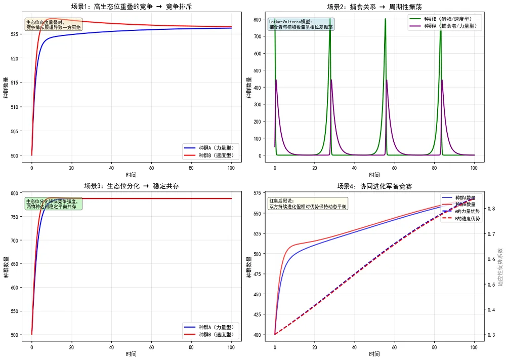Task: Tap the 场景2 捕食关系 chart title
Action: [374, 7]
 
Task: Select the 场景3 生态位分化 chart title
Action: [131, 186]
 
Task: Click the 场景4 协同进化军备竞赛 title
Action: [374, 186]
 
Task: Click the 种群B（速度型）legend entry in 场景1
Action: [216, 155]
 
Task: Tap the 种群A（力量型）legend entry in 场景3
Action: [216, 327]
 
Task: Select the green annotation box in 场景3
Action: [53, 204]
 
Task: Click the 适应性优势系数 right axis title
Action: [500, 267]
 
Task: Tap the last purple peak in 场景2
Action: [442, 80]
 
